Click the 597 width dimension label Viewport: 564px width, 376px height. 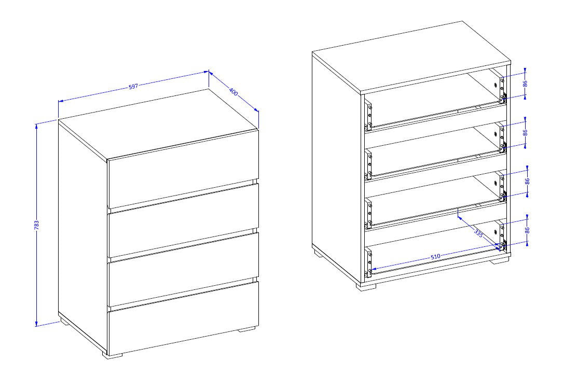point(133,87)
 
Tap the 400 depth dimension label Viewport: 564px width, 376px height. point(233,92)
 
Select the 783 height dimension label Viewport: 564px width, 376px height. point(37,225)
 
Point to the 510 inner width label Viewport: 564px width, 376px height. point(435,257)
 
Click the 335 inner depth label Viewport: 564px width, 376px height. point(478,233)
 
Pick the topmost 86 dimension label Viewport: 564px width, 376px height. point(525,83)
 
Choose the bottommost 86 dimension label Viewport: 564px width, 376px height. point(527,230)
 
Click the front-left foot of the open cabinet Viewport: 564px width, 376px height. point(366,286)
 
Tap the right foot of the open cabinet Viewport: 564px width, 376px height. point(501,261)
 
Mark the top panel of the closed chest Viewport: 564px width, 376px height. point(158,124)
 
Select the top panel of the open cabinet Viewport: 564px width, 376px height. point(411,58)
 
